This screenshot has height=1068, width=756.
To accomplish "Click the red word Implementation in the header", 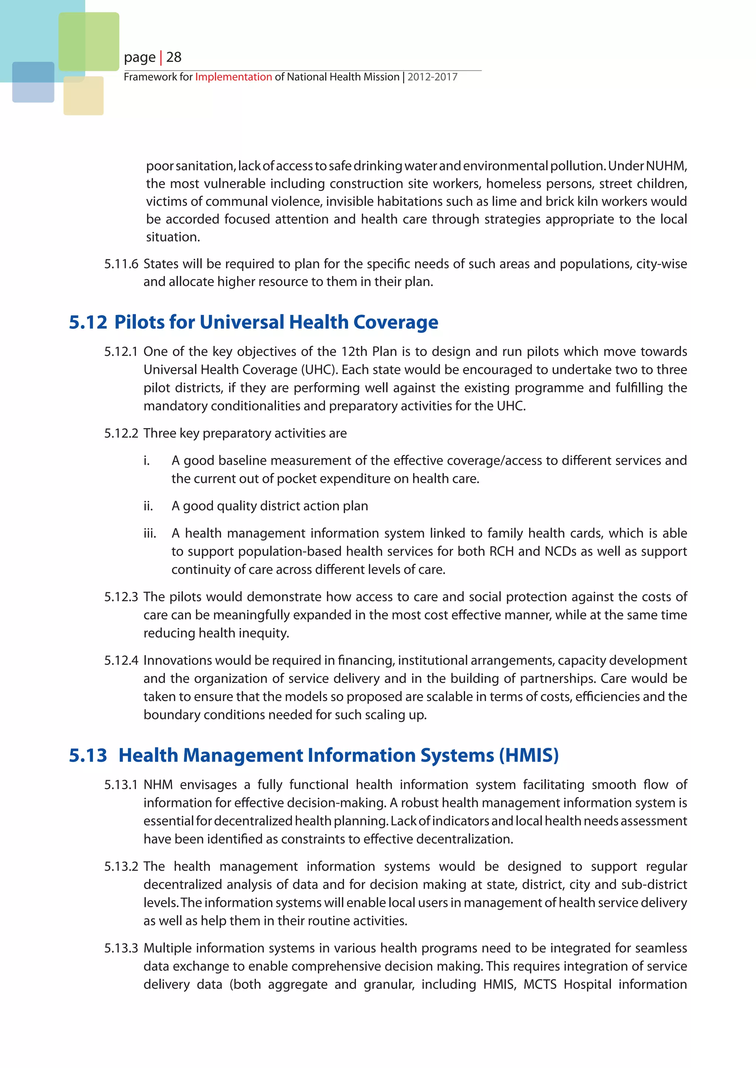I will click(x=233, y=77).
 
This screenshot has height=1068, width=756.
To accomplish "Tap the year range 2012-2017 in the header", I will click(x=433, y=77).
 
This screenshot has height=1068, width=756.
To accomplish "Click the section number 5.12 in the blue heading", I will click(x=88, y=322).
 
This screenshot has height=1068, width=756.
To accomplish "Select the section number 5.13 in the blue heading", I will click(x=88, y=755).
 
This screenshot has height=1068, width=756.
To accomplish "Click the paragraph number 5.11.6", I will click(x=121, y=264).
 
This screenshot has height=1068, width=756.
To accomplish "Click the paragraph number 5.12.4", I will click(x=121, y=660).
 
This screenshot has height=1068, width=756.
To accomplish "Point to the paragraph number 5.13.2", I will click(x=121, y=866).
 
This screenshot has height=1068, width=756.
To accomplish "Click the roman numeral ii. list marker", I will click(x=148, y=506).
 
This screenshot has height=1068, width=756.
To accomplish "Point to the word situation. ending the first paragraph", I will click(x=173, y=237).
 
